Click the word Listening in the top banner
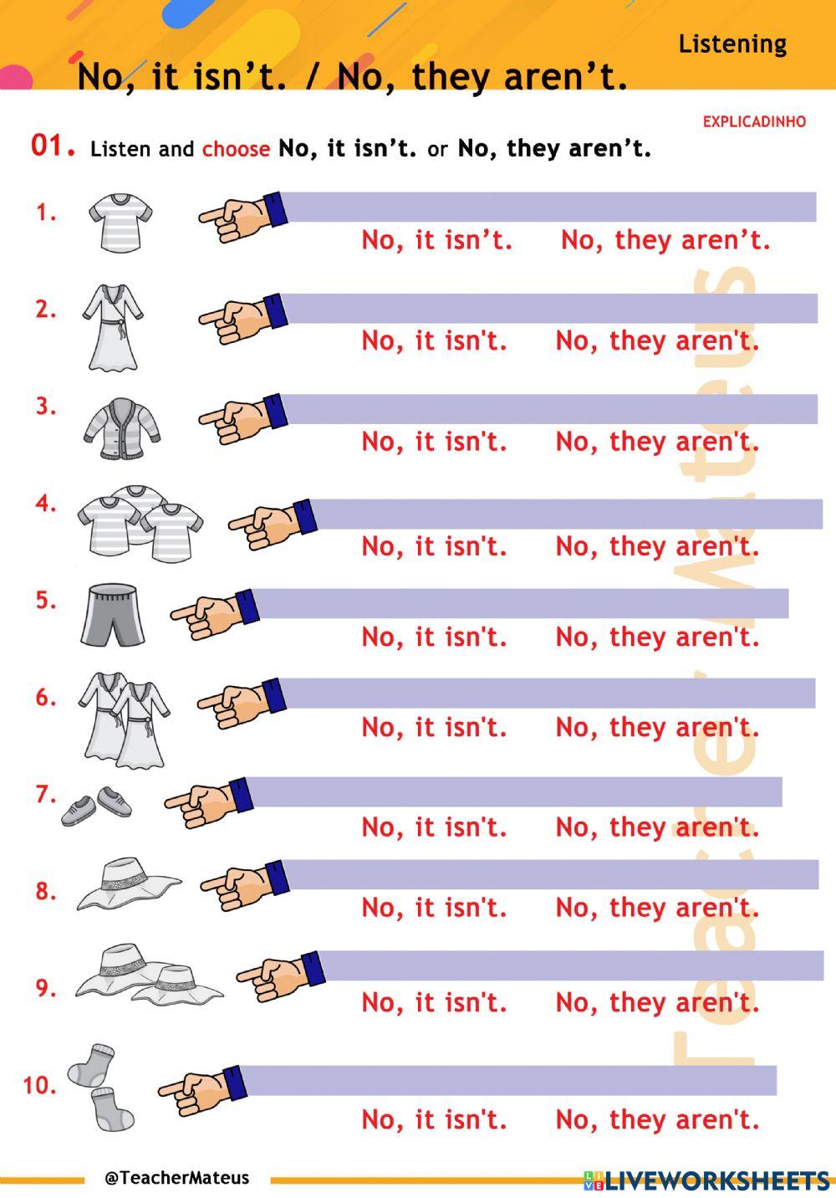point(732,44)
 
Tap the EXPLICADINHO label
point(754,121)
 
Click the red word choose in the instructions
point(236,150)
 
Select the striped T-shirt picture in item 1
point(120,223)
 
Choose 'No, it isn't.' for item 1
point(436,241)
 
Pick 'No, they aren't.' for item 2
point(657,341)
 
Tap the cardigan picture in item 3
point(122,429)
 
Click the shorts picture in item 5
point(114,616)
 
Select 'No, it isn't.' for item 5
point(434,637)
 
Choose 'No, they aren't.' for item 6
point(657,728)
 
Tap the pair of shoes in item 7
point(97,806)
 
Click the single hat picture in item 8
point(129,883)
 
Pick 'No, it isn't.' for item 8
point(434,908)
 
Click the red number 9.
point(45,989)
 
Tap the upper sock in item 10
point(90,1064)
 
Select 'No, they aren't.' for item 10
point(657,1120)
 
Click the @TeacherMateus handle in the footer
point(176,1178)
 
